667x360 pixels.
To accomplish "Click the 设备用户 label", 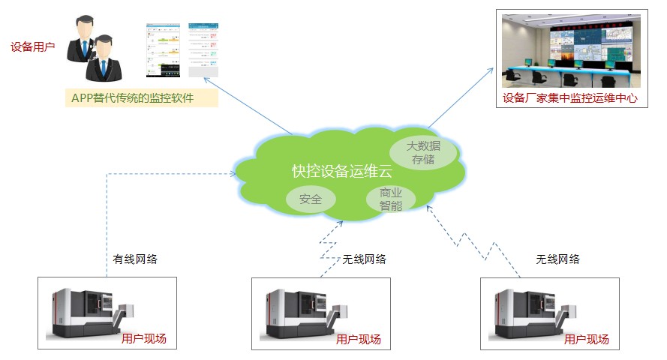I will (x=33, y=46).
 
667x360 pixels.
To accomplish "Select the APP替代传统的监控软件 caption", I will (x=142, y=98).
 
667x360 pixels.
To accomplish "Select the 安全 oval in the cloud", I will (x=310, y=199).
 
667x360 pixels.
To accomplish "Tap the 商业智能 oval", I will (x=390, y=198).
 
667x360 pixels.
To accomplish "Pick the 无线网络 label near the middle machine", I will (x=364, y=259).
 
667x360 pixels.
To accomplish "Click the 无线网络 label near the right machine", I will (x=557, y=259).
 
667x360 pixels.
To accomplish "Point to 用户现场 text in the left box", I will (x=143, y=339).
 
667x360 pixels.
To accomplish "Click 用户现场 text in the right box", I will (x=586, y=340).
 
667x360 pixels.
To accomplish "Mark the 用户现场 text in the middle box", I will (x=359, y=340).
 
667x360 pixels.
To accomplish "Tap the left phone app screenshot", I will (x=164, y=50).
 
